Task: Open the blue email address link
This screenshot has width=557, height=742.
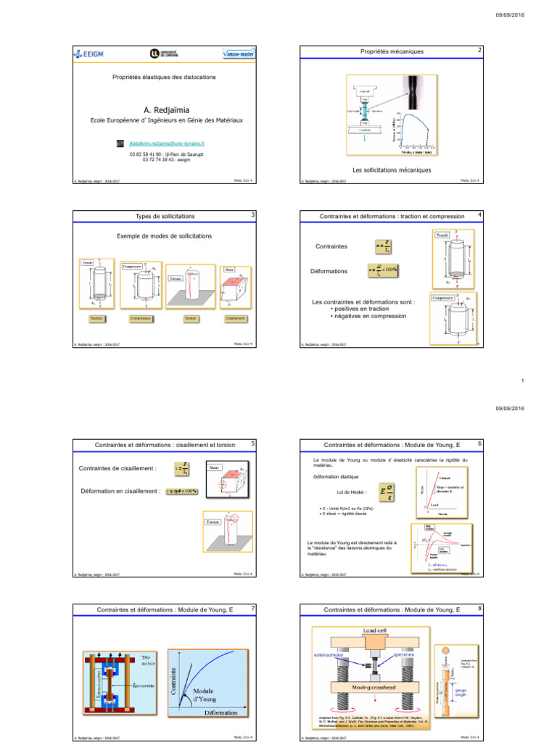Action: pyautogui.click(x=168, y=144)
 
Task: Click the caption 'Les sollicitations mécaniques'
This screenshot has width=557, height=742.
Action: pyautogui.click(x=392, y=170)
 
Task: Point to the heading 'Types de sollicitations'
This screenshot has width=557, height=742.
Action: pyautogui.click(x=165, y=215)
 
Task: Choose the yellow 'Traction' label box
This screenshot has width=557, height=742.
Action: pyautogui.click(x=96, y=318)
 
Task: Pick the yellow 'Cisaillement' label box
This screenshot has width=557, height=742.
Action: pyautogui.click(x=236, y=318)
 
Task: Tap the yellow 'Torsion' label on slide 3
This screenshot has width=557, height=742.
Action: pyautogui.click(x=191, y=318)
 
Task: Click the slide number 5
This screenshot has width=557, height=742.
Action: pyautogui.click(x=252, y=443)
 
